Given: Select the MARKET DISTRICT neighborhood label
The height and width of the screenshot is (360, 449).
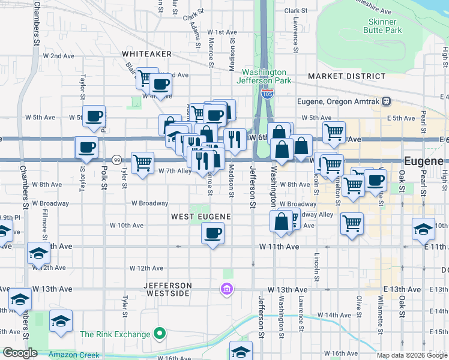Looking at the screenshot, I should (346, 76).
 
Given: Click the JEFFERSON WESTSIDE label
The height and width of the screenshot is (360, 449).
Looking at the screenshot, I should (167, 289).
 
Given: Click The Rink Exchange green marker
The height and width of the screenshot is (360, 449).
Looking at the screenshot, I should (160, 333).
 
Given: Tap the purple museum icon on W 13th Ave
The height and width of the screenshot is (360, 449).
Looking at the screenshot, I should (226, 290).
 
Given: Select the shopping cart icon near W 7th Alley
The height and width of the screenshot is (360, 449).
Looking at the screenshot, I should (142, 162).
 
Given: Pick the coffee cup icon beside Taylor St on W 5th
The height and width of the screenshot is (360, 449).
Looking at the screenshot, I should (94, 116).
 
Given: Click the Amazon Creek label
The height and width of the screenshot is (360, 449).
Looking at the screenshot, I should (74, 355).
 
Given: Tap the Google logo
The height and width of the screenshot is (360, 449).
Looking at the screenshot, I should (20, 353).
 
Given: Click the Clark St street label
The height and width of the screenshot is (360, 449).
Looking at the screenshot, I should (295, 11).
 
